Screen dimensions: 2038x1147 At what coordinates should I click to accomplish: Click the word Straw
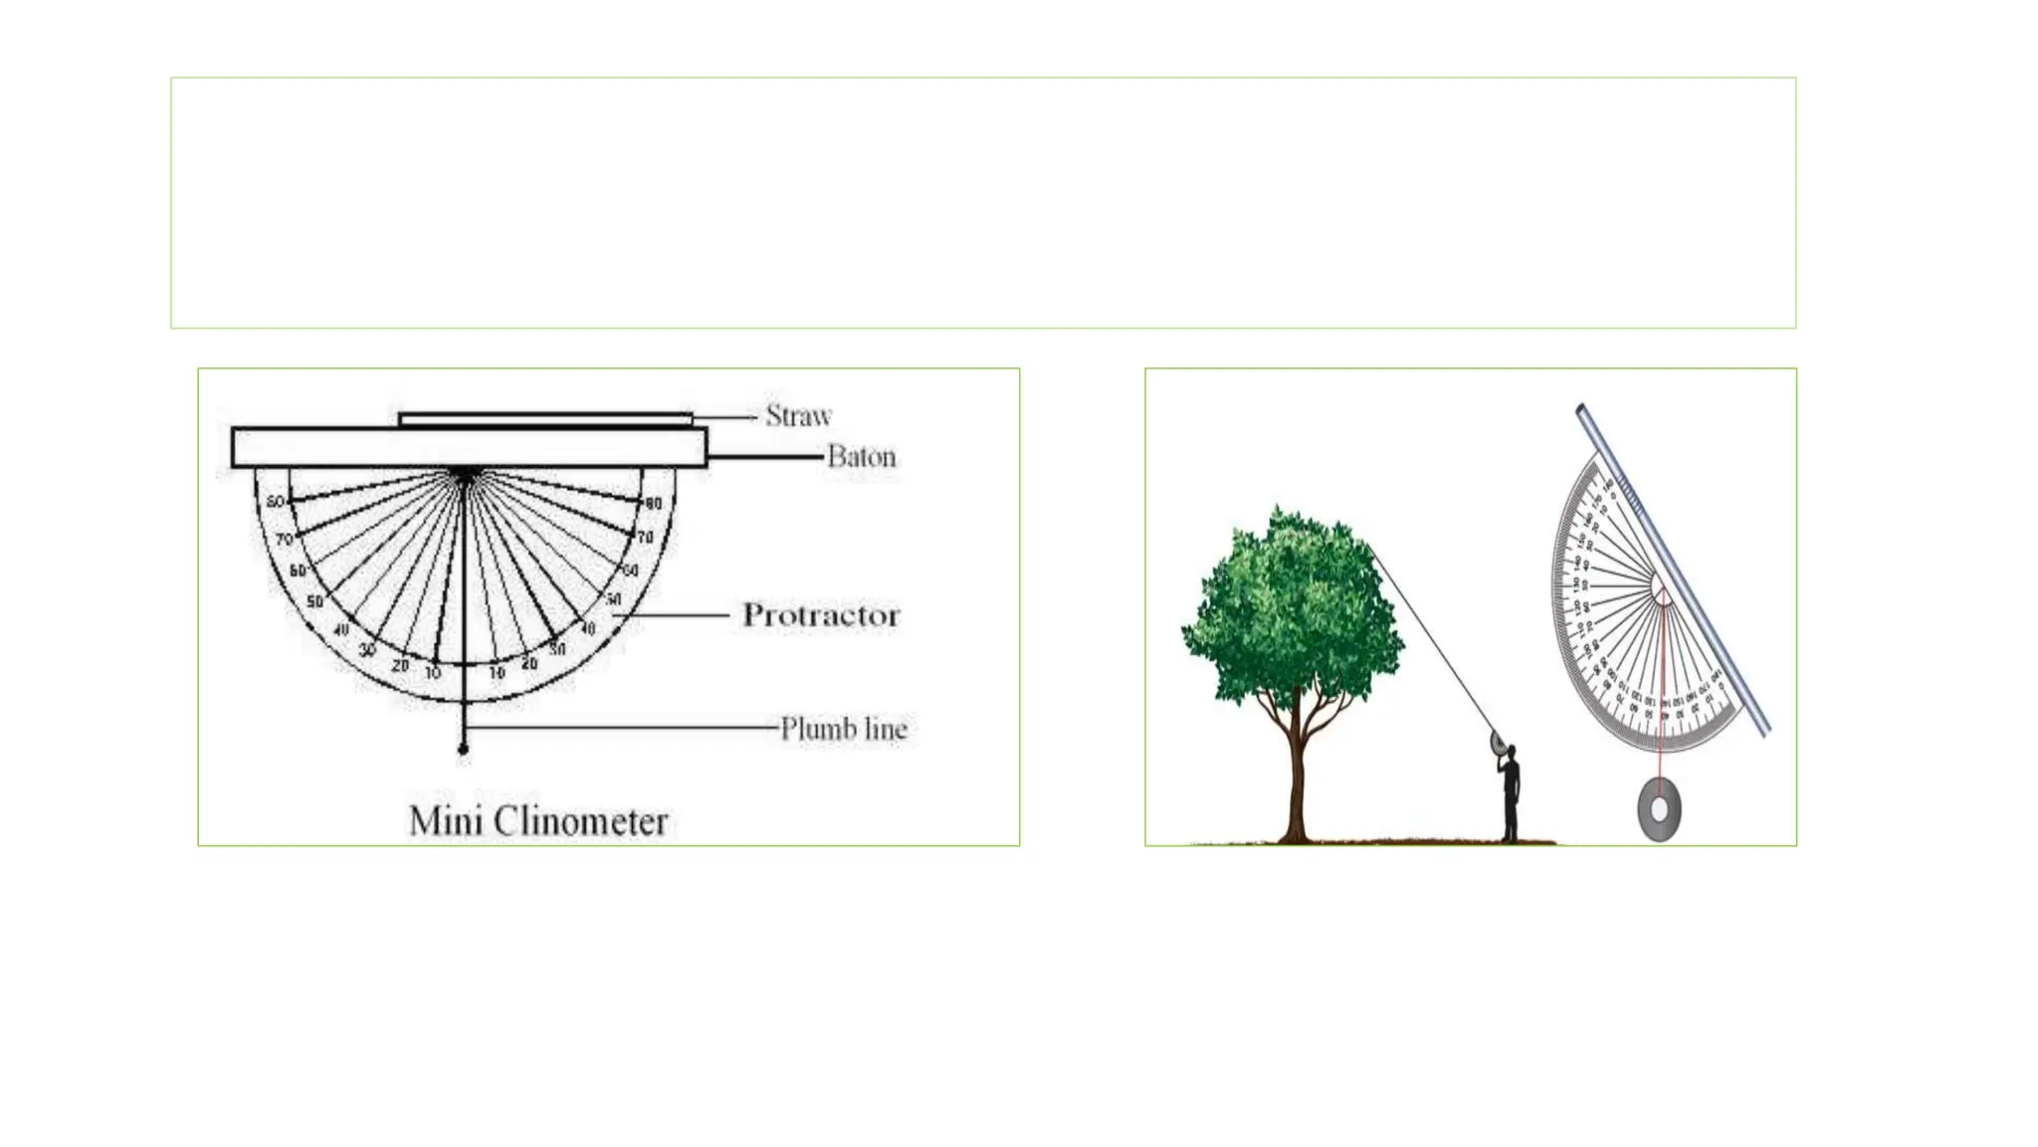pyautogui.click(x=798, y=415)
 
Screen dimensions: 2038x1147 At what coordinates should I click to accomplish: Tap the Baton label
pyautogui.click(x=861, y=457)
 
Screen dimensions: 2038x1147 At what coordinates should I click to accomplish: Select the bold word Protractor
pyautogui.click(x=821, y=615)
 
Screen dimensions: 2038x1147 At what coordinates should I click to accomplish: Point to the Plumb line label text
pyautogui.click(x=843, y=729)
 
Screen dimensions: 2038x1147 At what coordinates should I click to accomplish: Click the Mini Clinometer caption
pyautogui.click(x=538, y=821)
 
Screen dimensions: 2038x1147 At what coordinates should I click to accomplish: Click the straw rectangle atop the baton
pyautogui.click(x=545, y=419)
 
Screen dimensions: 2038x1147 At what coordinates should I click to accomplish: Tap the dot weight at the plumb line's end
pyautogui.click(x=463, y=749)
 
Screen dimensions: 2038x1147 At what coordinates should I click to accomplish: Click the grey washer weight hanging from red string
pyautogui.click(x=1659, y=809)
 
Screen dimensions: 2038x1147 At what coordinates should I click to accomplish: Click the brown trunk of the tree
pyautogui.click(x=1296, y=777)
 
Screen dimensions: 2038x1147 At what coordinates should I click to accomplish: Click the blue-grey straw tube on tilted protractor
pyautogui.click(x=1672, y=568)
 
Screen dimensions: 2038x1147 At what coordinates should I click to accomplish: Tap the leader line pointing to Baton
pyautogui.click(x=766, y=457)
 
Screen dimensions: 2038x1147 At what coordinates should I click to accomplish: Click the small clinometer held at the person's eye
pyautogui.click(x=1497, y=742)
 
